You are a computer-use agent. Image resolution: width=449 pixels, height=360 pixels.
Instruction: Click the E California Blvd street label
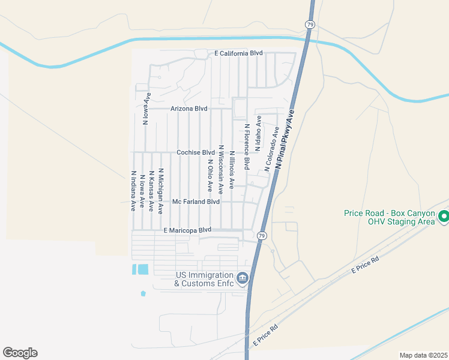click(x=239, y=53)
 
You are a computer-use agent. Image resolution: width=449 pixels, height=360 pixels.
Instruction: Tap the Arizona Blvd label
click(x=188, y=109)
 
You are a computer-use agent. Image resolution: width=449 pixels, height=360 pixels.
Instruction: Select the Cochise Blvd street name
click(x=195, y=152)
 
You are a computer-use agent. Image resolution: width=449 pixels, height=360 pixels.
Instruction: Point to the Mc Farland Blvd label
click(x=196, y=202)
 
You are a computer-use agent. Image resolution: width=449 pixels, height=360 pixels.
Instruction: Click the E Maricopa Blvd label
click(x=188, y=230)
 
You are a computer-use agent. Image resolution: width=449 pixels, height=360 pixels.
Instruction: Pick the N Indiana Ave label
click(x=133, y=191)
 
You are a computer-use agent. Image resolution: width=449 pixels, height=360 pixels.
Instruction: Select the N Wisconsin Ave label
click(x=221, y=169)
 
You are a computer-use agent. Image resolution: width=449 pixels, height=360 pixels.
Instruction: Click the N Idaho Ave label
click(x=259, y=133)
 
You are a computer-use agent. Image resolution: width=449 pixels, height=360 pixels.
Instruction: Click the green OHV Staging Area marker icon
click(x=444, y=216)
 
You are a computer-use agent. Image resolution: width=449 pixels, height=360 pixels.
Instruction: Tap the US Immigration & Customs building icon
click(x=243, y=277)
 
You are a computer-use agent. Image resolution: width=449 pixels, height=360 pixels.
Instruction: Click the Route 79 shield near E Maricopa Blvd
click(x=262, y=235)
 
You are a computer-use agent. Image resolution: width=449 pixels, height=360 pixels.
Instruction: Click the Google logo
click(x=20, y=353)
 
